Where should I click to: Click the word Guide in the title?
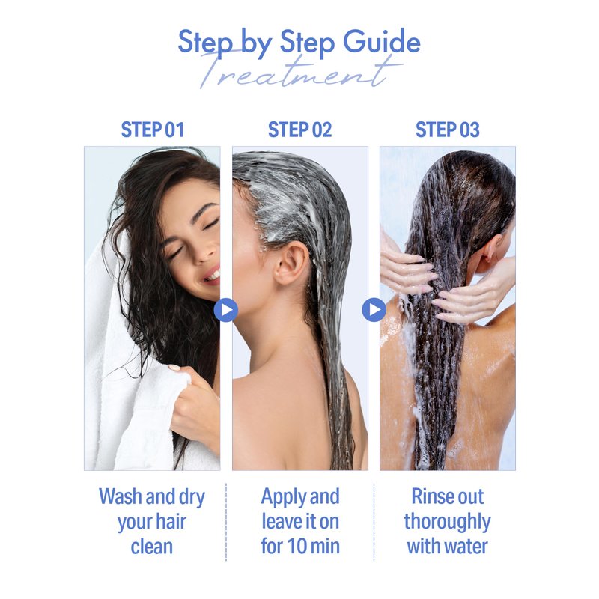tap(382, 42)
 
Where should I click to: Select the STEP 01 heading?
tap(153, 130)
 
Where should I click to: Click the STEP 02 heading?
tap(300, 130)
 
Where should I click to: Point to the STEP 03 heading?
tap(447, 130)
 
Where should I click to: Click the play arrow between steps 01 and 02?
tap(226, 310)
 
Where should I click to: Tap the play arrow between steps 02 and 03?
tap(374, 310)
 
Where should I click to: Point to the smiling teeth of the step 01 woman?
tap(213, 276)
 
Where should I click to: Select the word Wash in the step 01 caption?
tap(121, 496)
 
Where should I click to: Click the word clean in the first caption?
tap(152, 547)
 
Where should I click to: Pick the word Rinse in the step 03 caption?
tap(428, 496)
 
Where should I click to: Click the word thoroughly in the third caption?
tap(447, 522)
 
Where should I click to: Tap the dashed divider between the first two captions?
tap(226, 522)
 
